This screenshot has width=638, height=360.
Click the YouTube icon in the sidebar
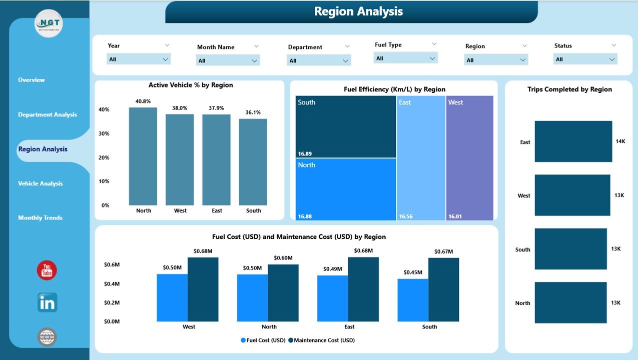pyautogui.click(x=47, y=270)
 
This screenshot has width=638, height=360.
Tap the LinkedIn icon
pyautogui.click(x=47, y=302)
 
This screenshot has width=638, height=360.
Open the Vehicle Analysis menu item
pyautogui.click(x=41, y=183)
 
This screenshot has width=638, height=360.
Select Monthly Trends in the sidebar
pyautogui.click(x=40, y=218)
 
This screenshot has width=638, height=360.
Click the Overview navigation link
pyautogui.click(x=32, y=80)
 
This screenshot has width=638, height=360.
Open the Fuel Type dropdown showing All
pyautogui.click(x=405, y=58)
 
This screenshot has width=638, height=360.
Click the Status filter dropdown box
pyautogui.click(x=585, y=59)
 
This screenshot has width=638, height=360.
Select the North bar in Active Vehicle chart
pyautogui.click(x=143, y=156)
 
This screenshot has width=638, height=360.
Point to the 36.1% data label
pyautogui.click(x=253, y=112)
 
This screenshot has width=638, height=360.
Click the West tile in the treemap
pyautogui.click(x=469, y=157)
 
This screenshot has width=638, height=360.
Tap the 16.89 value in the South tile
pyautogui.click(x=305, y=154)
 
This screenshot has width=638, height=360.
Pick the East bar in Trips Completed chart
pyautogui.click(x=573, y=141)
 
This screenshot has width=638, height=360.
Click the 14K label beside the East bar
pyautogui.click(x=620, y=141)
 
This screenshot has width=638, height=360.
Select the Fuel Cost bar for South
pyautogui.click(x=413, y=300)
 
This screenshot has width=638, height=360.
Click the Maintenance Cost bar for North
pyautogui.click(x=283, y=292)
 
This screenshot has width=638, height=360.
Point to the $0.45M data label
pyautogui.click(x=413, y=272)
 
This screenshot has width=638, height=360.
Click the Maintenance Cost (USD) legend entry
pyautogui.click(x=324, y=340)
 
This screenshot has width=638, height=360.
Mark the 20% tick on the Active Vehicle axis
pyautogui.click(x=104, y=157)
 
